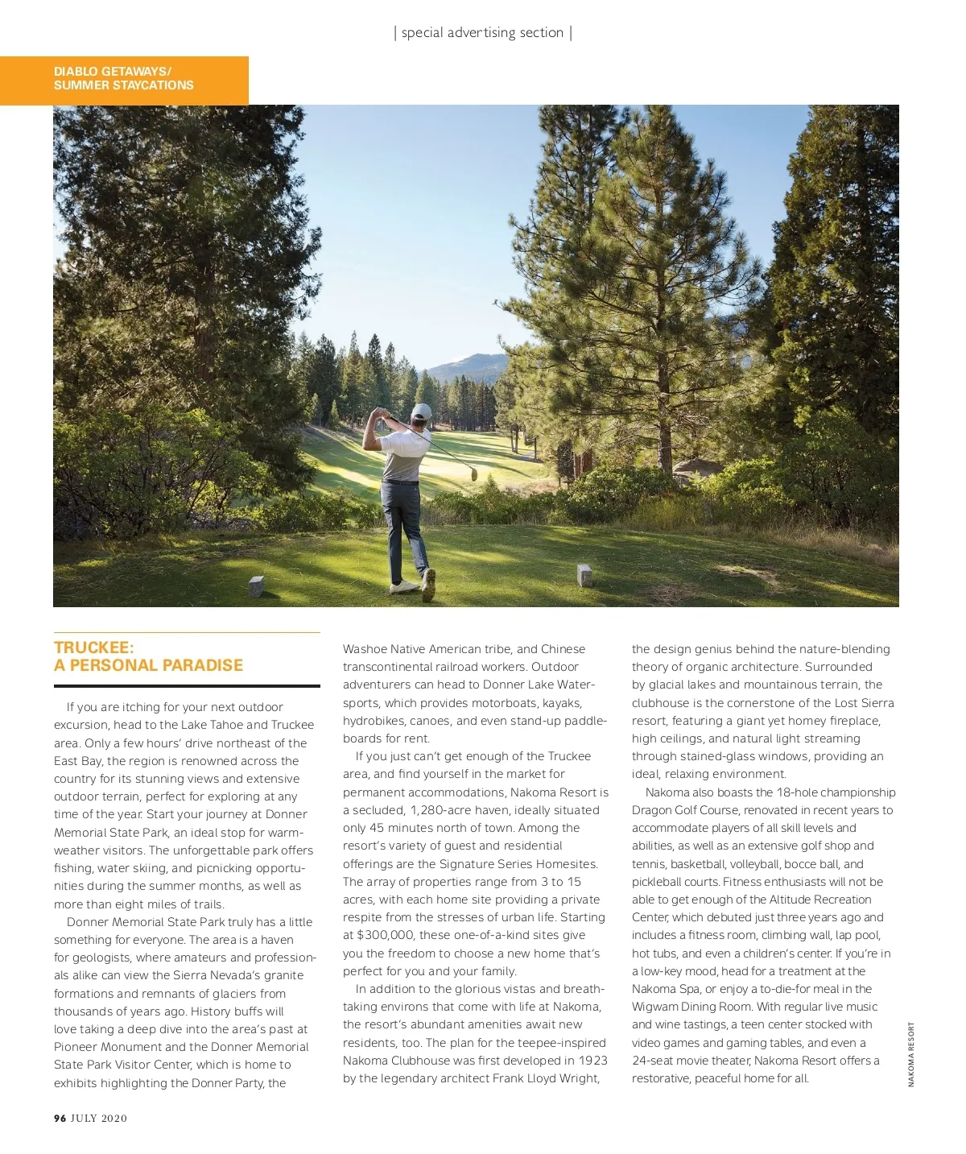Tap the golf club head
pos(474,474)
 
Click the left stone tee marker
pos(256,585)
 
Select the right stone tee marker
pos(584,575)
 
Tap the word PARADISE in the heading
pos(203,666)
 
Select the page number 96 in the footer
pos(60,1119)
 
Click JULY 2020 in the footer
pos(99,1119)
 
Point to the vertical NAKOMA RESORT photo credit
pos(911,1054)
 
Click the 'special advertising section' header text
pos(482,33)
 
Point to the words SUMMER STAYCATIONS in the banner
pos(124,85)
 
